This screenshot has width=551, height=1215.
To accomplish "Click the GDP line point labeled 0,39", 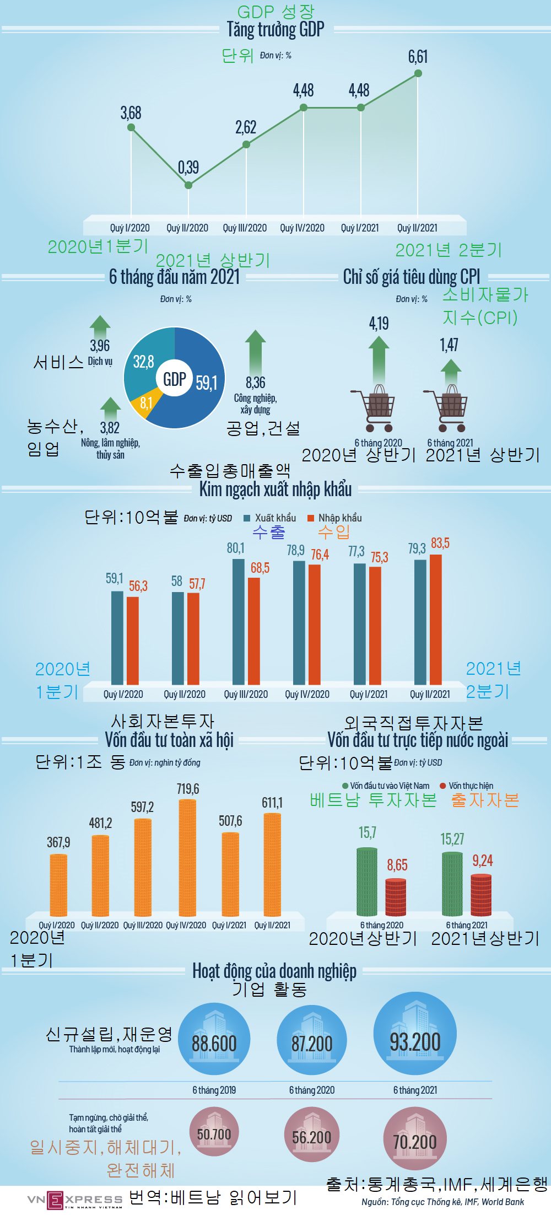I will tap(188, 185).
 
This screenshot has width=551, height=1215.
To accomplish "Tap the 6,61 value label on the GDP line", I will tap(418, 57).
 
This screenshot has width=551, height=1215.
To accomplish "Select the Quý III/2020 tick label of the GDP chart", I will tap(245, 228).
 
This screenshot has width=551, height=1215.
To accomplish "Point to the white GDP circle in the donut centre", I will tap(174, 379).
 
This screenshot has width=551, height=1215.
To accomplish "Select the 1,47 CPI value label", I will tap(449, 345).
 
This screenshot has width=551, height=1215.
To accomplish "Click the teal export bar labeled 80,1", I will tap(238, 622).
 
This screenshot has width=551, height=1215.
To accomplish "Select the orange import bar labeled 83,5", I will tap(435, 620).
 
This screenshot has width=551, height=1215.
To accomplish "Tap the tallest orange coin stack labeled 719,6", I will tap(187, 858).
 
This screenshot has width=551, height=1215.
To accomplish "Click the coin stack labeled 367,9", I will tap(58, 885).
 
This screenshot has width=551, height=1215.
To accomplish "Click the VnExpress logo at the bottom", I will tap(75, 1200).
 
